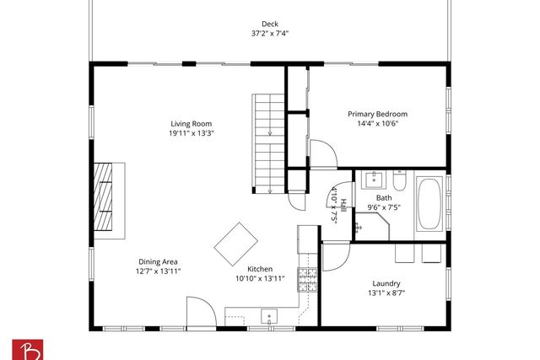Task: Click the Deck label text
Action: (270, 24)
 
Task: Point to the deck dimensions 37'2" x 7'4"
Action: (270, 35)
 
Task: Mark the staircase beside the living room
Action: (270, 142)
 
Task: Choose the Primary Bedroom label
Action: (378, 114)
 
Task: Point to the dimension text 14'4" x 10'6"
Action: (378, 124)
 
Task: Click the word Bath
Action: (384, 197)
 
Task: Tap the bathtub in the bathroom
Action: (429, 204)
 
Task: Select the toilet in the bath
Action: (401, 180)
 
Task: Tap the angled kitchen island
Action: (236, 244)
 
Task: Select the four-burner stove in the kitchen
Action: (307, 279)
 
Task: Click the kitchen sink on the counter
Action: (269, 317)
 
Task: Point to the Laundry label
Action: (386, 283)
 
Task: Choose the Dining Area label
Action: (158, 261)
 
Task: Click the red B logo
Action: (25, 348)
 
